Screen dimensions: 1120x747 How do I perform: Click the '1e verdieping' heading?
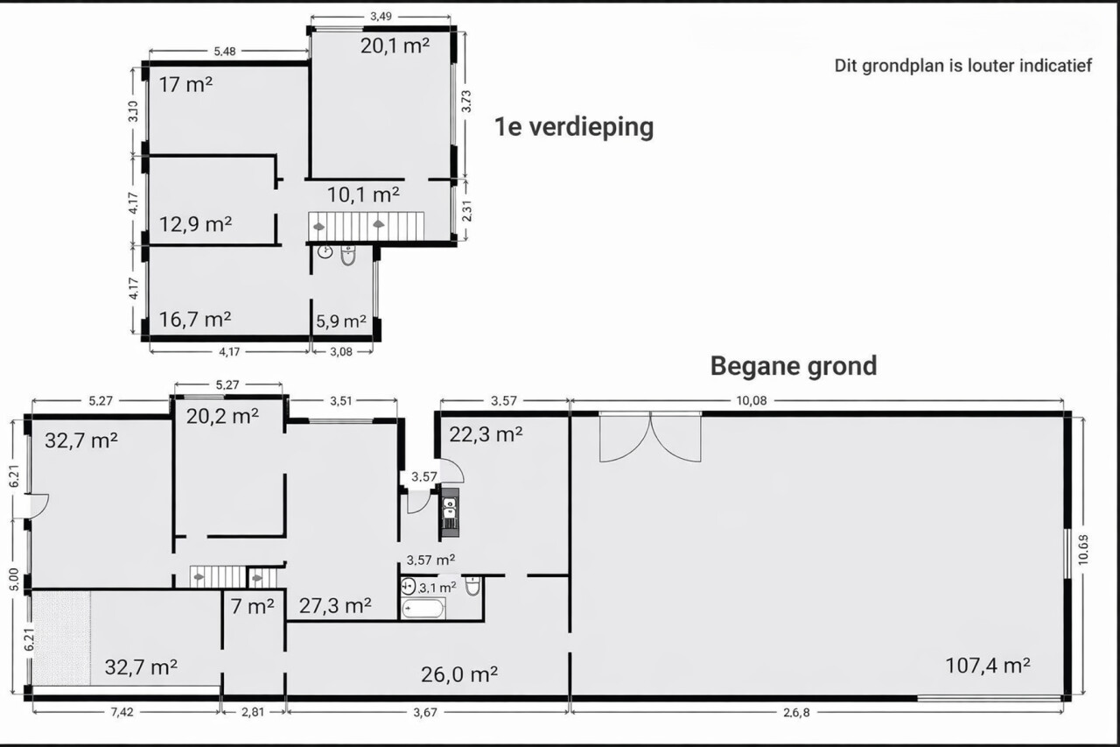point(574,127)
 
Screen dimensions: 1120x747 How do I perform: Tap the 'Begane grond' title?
point(794,366)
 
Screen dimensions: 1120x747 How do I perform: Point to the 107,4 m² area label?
point(988,666)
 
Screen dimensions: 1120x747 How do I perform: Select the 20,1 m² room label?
point(395,46)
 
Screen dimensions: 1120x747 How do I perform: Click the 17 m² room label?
point(186,85)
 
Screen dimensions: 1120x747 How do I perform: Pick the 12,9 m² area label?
point(195,224)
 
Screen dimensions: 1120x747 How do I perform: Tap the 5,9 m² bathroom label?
point(341,321)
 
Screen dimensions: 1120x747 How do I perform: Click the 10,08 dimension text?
point(752,400)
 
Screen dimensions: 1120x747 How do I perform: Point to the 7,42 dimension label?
point(122,712)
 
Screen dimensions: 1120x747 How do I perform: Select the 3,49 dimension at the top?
point(381,17)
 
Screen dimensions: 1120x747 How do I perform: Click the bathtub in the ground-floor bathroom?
point(423,609)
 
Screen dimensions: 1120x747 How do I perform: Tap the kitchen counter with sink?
point(449,513)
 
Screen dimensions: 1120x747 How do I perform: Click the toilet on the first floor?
point(348,256)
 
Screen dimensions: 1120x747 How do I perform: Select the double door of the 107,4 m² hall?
point(650,436)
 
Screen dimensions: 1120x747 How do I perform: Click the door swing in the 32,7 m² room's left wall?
point(38,506)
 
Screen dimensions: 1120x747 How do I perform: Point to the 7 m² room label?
point(253,606)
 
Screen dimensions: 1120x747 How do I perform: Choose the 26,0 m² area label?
point(459,674)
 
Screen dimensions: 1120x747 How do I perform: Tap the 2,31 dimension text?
point(466,211)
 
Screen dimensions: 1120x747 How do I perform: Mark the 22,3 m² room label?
point(486,434)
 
